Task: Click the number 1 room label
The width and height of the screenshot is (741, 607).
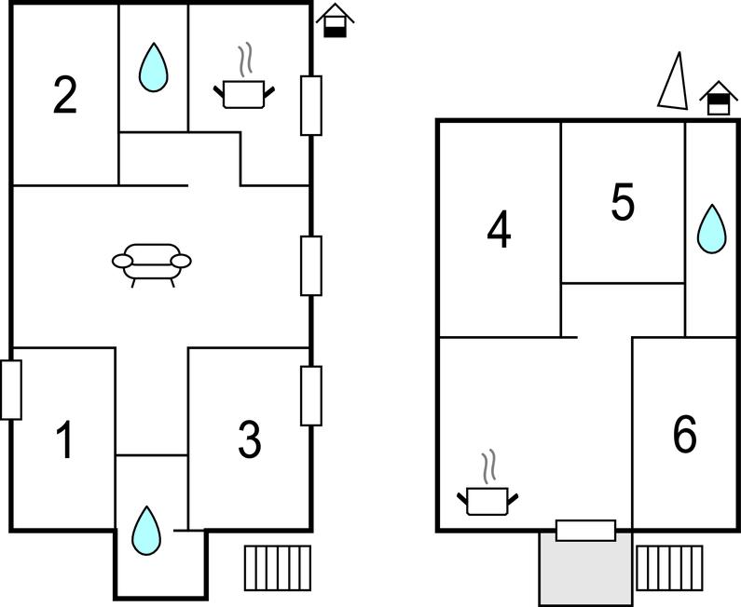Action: [64, 440]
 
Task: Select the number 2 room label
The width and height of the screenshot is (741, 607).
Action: [64, 95]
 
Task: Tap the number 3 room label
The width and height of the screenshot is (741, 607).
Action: [249, 440]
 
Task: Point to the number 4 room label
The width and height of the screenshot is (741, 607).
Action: [500, 231]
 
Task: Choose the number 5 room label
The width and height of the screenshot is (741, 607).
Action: [623, 202]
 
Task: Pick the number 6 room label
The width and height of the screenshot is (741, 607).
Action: [684, 435]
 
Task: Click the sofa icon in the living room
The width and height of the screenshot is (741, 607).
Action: [152, 262]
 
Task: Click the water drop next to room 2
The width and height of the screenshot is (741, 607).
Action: [153, 67]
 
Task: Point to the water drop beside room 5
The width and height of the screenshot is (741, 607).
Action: [712, 228]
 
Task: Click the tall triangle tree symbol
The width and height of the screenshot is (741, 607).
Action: [673, 82]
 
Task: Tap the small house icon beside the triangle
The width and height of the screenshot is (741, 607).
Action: [718, 98]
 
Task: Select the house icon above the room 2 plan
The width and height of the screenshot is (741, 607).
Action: [336, 20]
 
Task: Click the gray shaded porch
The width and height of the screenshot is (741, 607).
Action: [585, 569]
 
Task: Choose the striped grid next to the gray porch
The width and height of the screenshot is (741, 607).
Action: [668, 566]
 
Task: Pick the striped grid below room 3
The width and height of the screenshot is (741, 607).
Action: [278, 566]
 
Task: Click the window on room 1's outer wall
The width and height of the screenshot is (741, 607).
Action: [11, 389]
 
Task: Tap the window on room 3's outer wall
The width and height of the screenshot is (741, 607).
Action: [311, 395]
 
